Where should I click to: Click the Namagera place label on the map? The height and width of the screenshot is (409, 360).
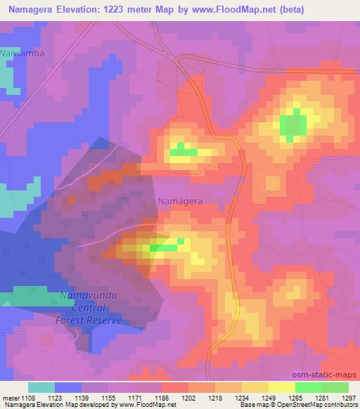tap(181, 200)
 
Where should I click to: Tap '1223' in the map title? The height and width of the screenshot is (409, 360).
tap(131, 10)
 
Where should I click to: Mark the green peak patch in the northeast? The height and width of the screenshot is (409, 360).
tap(293, 125)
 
